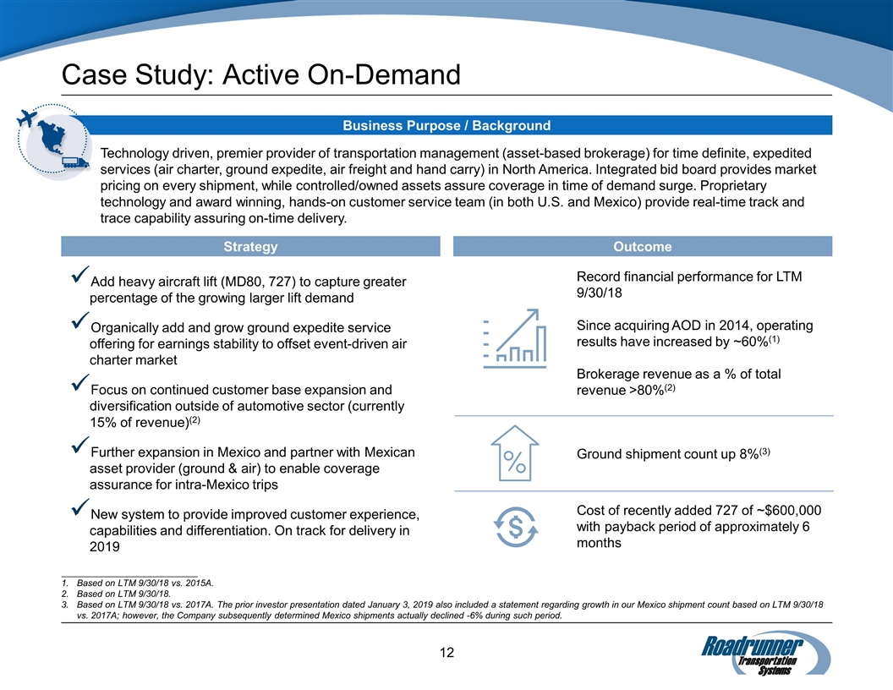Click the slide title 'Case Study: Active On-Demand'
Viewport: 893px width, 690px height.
click(261, 75)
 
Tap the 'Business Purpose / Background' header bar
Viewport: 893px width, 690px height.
click(446, 126)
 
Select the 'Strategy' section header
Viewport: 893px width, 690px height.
click(250, 247)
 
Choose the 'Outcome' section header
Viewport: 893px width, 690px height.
click(643, 247)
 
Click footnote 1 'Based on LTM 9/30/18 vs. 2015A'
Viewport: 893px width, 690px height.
click(145, 583)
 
